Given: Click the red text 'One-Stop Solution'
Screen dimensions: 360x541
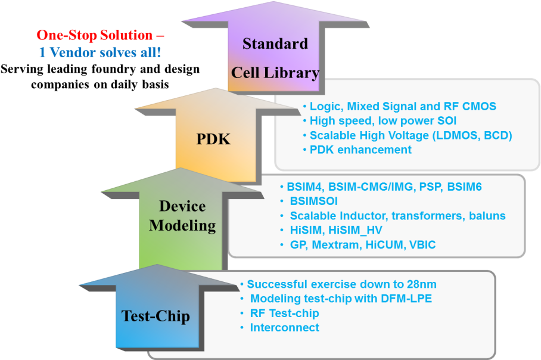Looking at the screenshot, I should pyautogui.click(x=95, y=35).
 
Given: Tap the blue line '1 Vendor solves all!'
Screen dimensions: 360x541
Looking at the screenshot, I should pyautogui.click(x=100, y=52).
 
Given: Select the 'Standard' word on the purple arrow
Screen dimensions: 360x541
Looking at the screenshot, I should pyautogui.click(x=275, y=44).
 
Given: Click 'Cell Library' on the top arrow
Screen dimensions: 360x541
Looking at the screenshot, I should pyautogui.click(x=275, y=73).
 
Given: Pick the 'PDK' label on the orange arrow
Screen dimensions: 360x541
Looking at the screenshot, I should pyautogui.click(x=213, y=139).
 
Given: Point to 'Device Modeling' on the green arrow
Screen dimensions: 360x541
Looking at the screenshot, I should pyautogui.click(x=182, y=216).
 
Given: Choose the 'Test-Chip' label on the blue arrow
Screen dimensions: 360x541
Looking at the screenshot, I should pyautogui.click(x=156, y=316).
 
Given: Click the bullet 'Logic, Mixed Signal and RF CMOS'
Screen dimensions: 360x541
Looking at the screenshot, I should pyautogui.click(x=403, y=107).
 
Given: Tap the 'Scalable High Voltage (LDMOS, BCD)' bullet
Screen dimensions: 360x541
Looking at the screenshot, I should pyautogui.click(x=411, y=135).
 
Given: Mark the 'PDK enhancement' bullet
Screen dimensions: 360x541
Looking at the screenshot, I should pyautogui.click(x=360, y=150).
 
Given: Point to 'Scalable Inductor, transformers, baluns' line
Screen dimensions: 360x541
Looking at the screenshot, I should pyautogui.click(x=397, y=216).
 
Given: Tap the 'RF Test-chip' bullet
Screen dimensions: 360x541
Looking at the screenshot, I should pyautogui.click(x=284, y=313).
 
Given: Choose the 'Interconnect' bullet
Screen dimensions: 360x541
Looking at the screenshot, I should pyautogui.click(x=284, y=327).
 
